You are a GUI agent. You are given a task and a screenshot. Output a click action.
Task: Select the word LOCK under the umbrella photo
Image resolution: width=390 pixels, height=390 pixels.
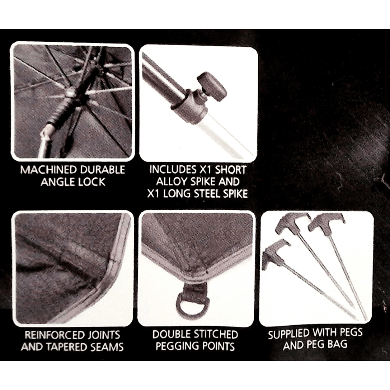92,182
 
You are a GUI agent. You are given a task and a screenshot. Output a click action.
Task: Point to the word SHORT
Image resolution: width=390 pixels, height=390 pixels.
230,170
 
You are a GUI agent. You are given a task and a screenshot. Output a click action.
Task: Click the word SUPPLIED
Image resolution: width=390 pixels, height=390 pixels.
289,334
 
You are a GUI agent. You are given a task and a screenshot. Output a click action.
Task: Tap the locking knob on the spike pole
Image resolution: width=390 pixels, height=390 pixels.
212,86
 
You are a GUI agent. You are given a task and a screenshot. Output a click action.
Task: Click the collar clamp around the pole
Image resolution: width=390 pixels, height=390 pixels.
189,107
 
